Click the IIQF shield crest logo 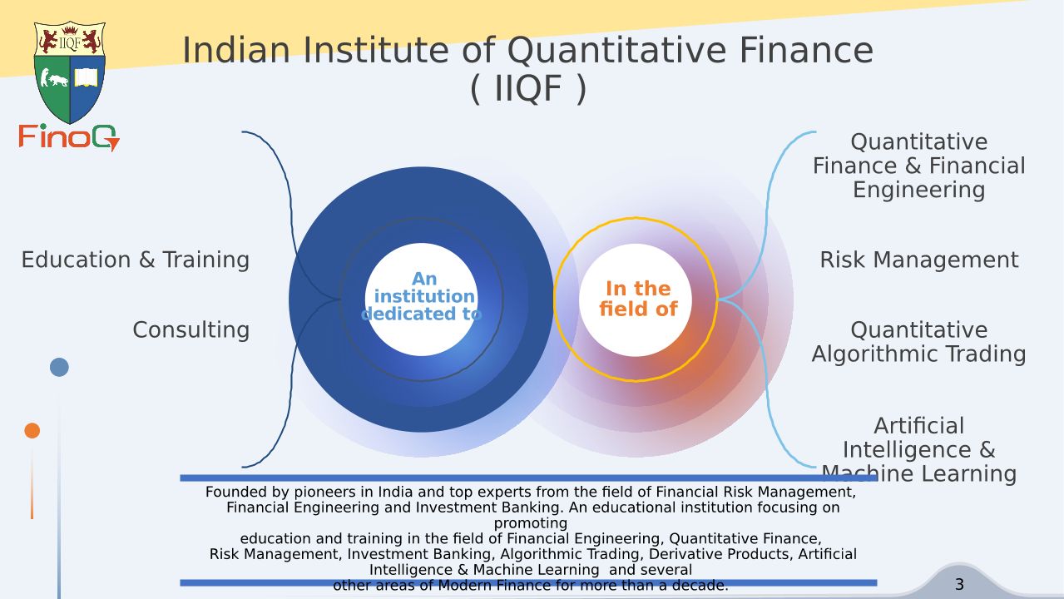pos(70,72)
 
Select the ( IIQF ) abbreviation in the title pos(528,89)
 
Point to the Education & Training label pos(136,260)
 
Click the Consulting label pos(191,329)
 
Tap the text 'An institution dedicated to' pos(421,296)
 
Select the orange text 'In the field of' pos(638,299)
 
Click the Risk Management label pos(919,260)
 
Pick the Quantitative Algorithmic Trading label pos(918,342)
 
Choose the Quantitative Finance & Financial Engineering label pos(918,166)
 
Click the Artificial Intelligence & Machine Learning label pos(918,449)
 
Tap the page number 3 pos(959,584)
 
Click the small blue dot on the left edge pos(59,367)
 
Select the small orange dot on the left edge pos(32,430)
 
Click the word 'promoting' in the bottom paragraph pos(531,523)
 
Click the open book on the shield pos(86,77)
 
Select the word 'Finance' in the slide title pos(807,51)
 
